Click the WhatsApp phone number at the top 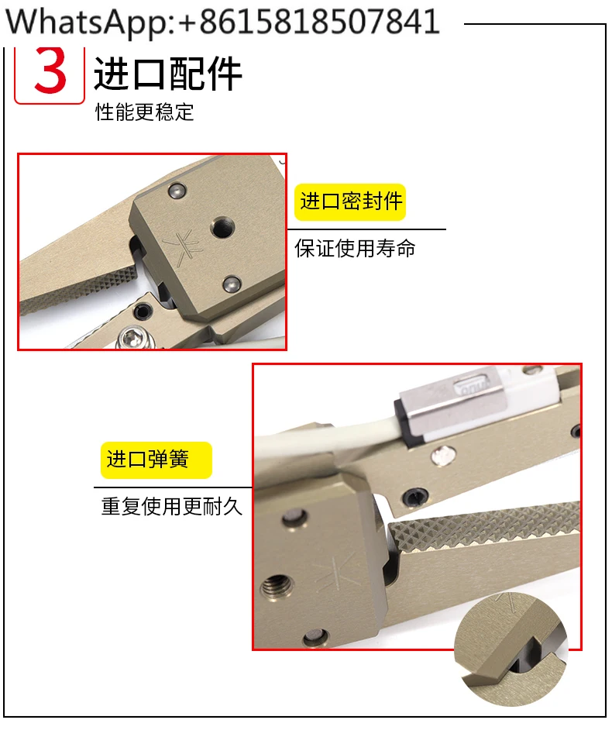coord(222,22)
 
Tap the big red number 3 coord(50,71)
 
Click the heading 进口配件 coord(168,74)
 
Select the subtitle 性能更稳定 coord(144,112)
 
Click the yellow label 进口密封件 coord(350,201)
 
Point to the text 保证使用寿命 coord(355,248)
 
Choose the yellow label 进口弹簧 coord(156,460)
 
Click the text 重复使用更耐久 coord(172,506)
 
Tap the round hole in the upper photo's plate coord(222,227)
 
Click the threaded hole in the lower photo coord(274,587)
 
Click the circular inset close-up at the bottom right coord(511,649)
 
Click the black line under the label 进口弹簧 coord(173,487)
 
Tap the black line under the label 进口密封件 coord(366,229)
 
